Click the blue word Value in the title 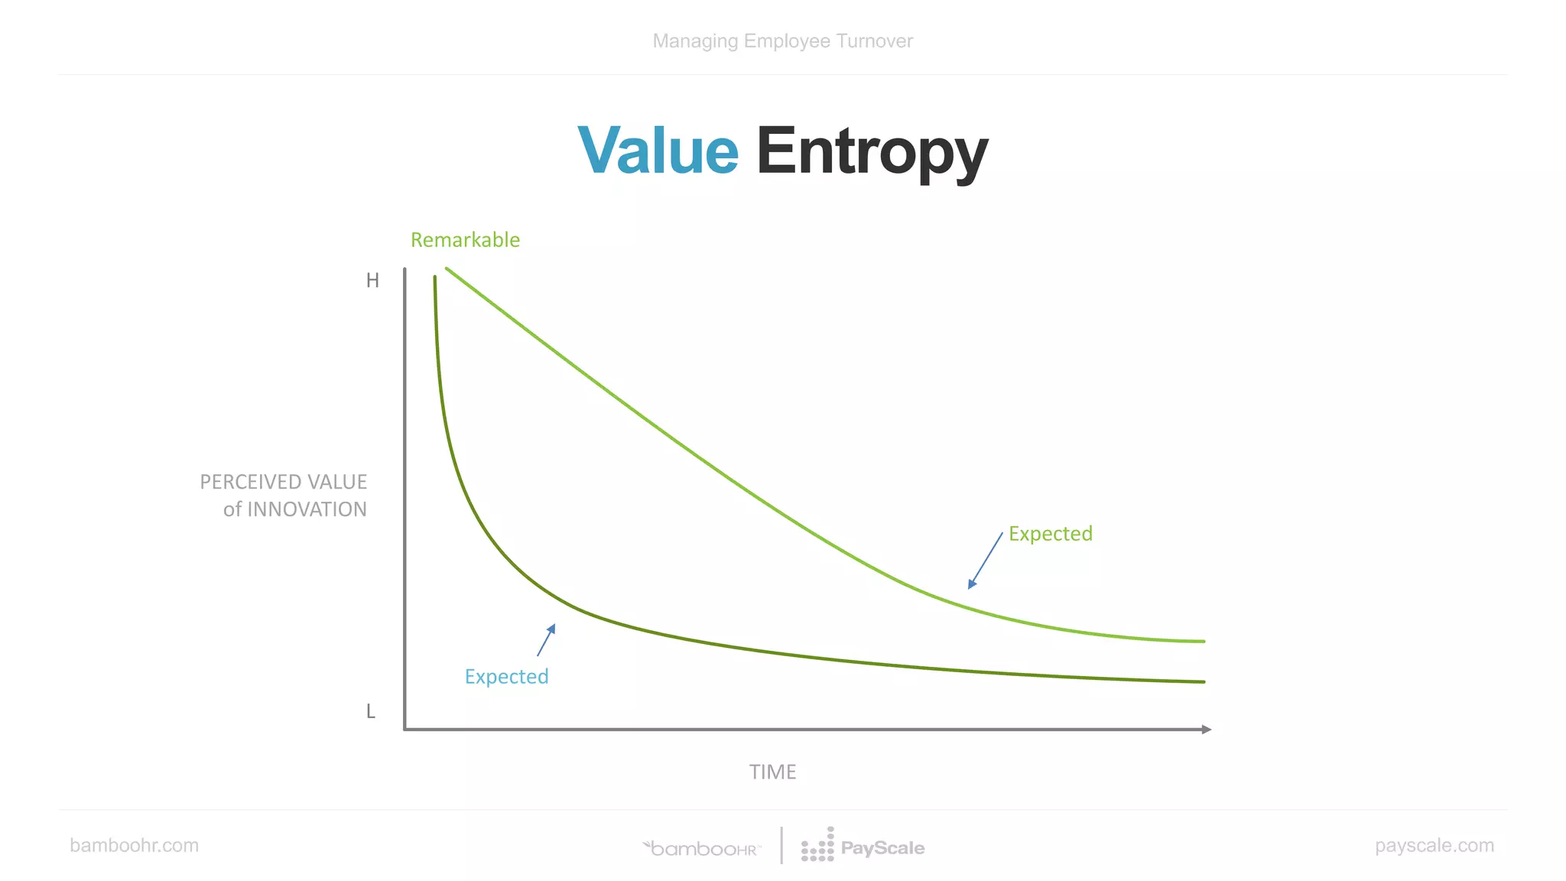point(658,151)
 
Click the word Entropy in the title point(872,153)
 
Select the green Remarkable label point(465,240)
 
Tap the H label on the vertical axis point(372,281)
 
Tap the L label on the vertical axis point(371,712)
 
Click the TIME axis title point(772,772)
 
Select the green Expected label point(1050,534)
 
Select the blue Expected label point(506,677)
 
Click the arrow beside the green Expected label point(985,561)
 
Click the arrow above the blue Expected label point(546,640)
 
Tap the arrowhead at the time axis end point(1207,730)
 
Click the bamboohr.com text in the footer point(134,846)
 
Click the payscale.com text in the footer point(1434,846)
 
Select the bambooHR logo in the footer point(702,848)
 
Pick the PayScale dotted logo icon point(817,846)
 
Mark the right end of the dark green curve point(1204,681)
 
